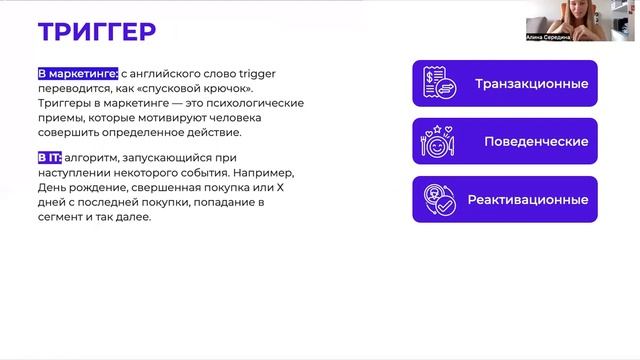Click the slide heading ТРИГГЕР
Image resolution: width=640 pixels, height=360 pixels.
[x=97, y=31]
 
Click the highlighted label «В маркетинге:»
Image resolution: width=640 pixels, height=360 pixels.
[x=78, y=74]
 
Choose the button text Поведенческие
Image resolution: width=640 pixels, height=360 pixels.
[x=535, y=141]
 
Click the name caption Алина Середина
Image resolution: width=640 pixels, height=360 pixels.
[x=549, y=37]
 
